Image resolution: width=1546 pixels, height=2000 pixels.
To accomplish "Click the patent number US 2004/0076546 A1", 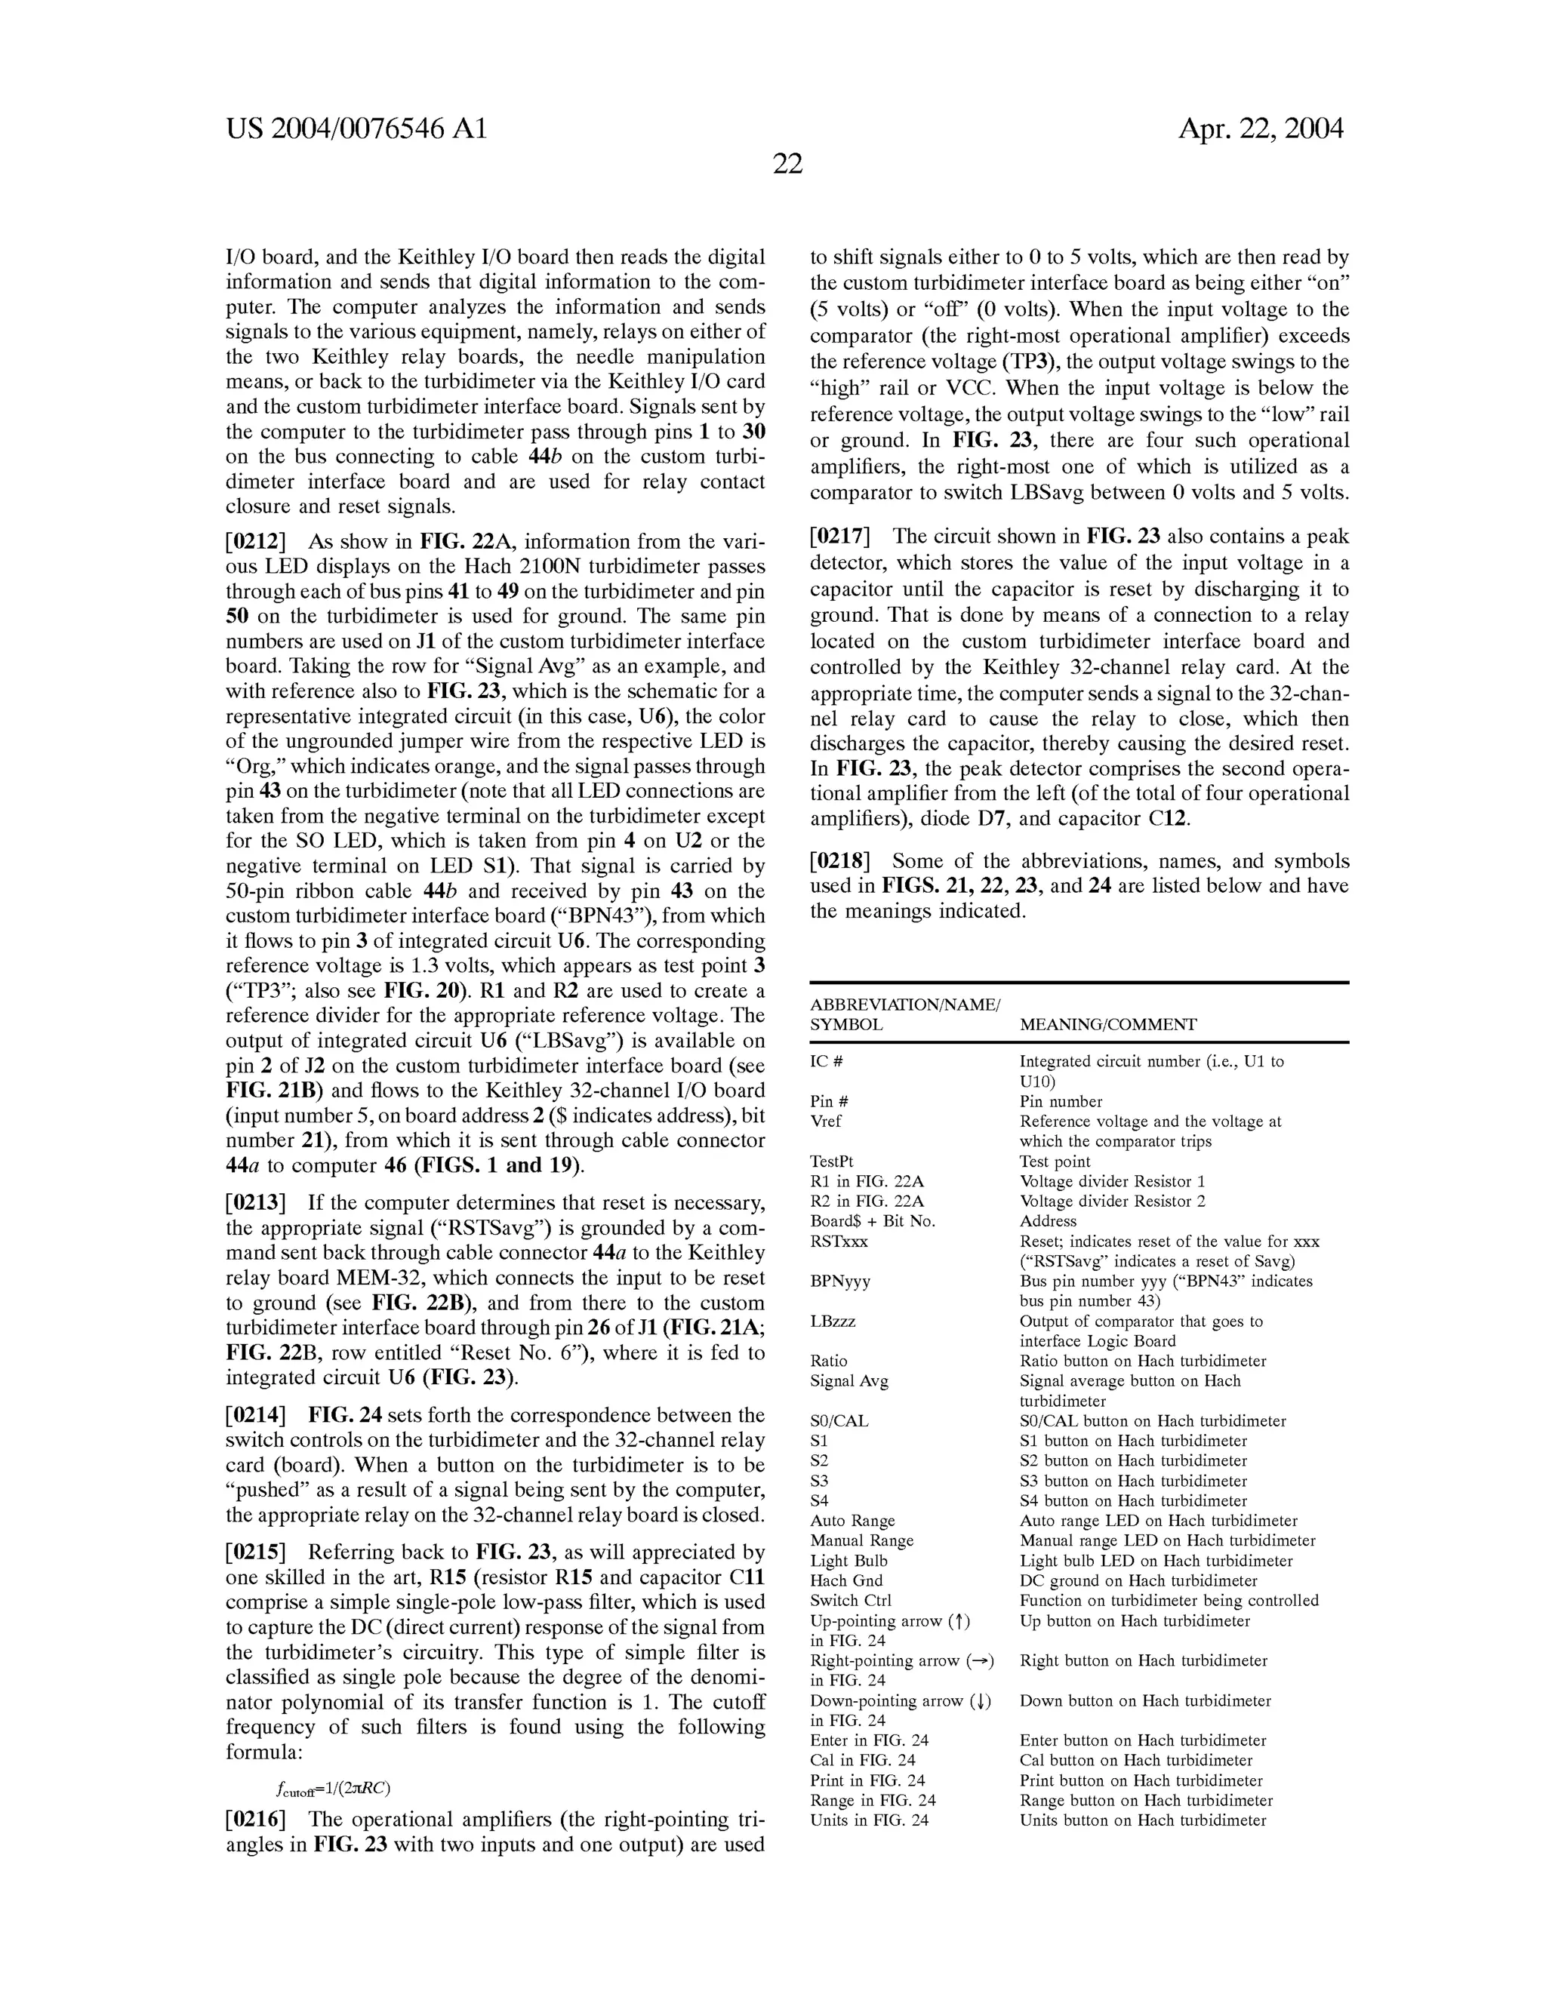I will [x=356, y=129].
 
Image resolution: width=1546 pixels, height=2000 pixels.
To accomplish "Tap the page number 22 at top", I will [x=787, y=165].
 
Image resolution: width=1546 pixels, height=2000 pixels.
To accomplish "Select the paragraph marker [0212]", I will [x=256, y=542].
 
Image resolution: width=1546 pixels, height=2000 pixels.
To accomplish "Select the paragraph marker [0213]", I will [x=256, y=1202].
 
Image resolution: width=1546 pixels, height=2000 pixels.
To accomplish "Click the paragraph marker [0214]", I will [x=256, y=1415].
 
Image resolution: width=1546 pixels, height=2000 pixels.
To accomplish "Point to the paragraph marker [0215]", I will [x=256, y=1552].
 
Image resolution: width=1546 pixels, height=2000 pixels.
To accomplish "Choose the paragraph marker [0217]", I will [x=840, y=537].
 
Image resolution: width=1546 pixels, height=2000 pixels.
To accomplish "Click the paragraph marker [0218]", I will [x=840, y=861].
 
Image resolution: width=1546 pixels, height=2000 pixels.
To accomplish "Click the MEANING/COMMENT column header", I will [x=1107, y=1025].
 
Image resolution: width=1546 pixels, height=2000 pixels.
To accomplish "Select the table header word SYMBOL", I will [x=845, y=1025].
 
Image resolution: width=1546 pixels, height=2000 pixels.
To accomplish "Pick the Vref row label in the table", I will [x=825, y=1122].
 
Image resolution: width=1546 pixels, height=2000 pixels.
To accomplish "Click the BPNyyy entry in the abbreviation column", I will [x=840, y=1282].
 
